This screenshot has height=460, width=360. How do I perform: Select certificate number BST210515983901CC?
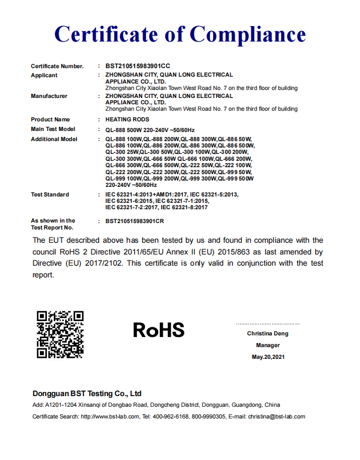[138, 66]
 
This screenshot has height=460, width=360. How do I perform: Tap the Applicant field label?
[44, 76]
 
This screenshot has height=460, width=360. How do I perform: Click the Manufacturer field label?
[49, 96]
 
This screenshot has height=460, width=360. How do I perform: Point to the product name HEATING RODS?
[127, 119]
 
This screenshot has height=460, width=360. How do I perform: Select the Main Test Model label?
[53, 129]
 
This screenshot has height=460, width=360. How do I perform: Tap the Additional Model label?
[54, 139]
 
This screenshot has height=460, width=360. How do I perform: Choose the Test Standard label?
[50, 194]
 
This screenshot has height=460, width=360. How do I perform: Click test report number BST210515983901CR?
[135, 220]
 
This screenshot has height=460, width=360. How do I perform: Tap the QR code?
[60, 334]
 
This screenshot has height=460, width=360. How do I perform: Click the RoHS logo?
[159, 330]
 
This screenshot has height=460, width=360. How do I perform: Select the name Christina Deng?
[267, 334]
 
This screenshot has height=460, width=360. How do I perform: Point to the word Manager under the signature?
[268, 345]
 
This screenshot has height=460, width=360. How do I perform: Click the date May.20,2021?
[268, 357]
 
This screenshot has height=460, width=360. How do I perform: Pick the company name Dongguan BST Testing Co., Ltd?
[87, 394]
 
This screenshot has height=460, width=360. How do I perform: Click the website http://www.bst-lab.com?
[110, 417]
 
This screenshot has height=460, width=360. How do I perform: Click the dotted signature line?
[268, 324]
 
